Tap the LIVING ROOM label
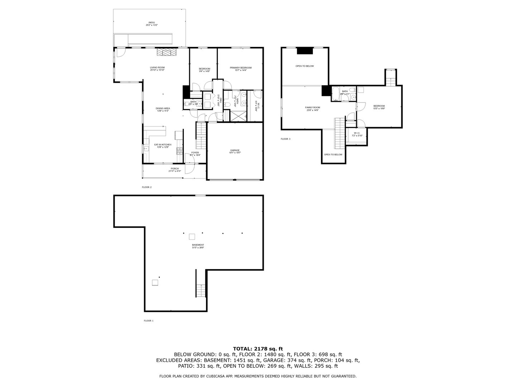(157, 68)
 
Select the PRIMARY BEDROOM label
(240, 68)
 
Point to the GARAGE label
(235, 150)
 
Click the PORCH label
(175, 169)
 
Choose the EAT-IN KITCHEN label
(163, 145)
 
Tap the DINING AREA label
(163, 109)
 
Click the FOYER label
(195, 153)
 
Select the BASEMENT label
(198, 245)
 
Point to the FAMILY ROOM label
(312, 107)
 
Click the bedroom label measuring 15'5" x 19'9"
(379, 106)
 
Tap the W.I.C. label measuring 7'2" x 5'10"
(357, 133)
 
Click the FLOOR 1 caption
(148, 321)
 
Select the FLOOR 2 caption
(147, 187)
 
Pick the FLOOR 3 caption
(285, 139)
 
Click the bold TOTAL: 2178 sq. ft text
(258, 348)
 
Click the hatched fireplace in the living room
(167, 52)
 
